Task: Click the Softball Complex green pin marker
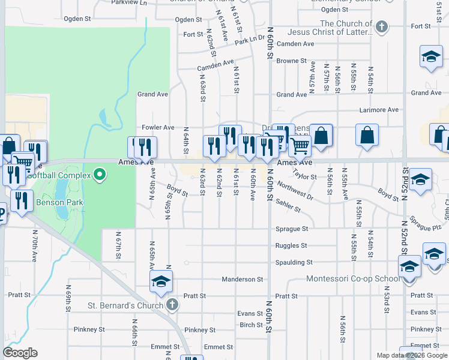click(100, 175)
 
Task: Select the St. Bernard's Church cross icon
click(172, 305)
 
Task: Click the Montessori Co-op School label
click(352, 279)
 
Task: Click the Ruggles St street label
click(291, 245)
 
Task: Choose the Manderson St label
click(243, 279)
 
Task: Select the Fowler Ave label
click(157, 127)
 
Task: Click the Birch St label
click(247, 325)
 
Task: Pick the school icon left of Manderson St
click(161, 281)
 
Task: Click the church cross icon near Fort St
click(381, 26)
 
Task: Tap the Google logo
click(20, 353)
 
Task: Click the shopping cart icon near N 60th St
click(299, 144)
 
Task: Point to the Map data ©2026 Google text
click(411, 355)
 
